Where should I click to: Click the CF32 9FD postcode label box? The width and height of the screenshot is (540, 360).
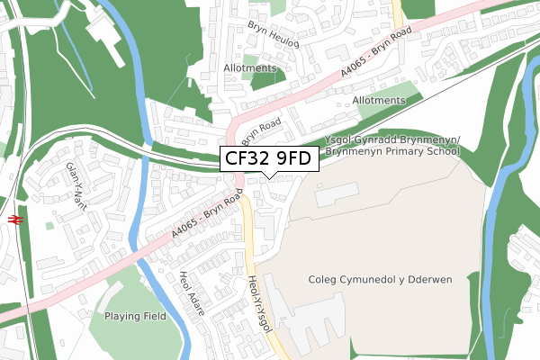[267, 160]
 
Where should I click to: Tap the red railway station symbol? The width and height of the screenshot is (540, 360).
[15, 219]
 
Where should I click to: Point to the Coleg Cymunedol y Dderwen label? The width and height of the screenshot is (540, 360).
[379, 280]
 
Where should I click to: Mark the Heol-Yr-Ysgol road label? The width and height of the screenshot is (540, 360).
[258, 302]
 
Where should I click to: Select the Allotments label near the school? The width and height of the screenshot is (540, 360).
[379, 100]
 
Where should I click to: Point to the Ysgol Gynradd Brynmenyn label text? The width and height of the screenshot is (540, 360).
[393, 139]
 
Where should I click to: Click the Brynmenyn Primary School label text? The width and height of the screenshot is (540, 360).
[392, 152]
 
